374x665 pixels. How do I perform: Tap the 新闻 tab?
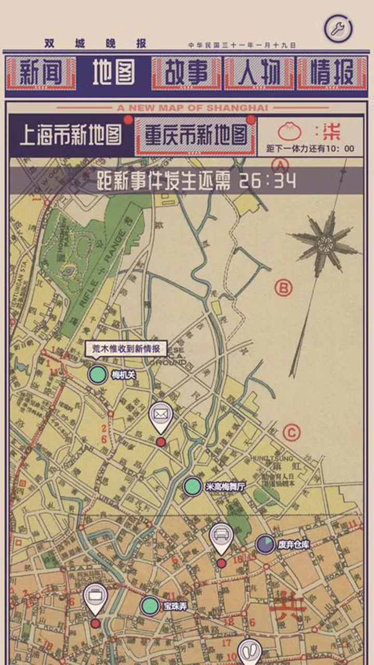click(41, 73)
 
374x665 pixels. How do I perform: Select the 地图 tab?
click(114, 73)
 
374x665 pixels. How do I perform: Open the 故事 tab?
click(186, 73)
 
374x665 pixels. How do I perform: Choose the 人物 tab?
click(259, 73)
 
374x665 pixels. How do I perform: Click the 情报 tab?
click(331, 73)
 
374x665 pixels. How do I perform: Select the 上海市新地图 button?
click(71, 135)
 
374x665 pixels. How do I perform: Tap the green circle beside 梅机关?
click(97, 374)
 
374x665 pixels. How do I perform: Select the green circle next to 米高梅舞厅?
click(192, 487)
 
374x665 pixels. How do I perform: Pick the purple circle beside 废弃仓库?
click(265, 544)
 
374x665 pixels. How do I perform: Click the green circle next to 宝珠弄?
click(150, 606)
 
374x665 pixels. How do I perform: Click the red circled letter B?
click(284, 287)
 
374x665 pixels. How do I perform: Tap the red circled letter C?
click(292, 432)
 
